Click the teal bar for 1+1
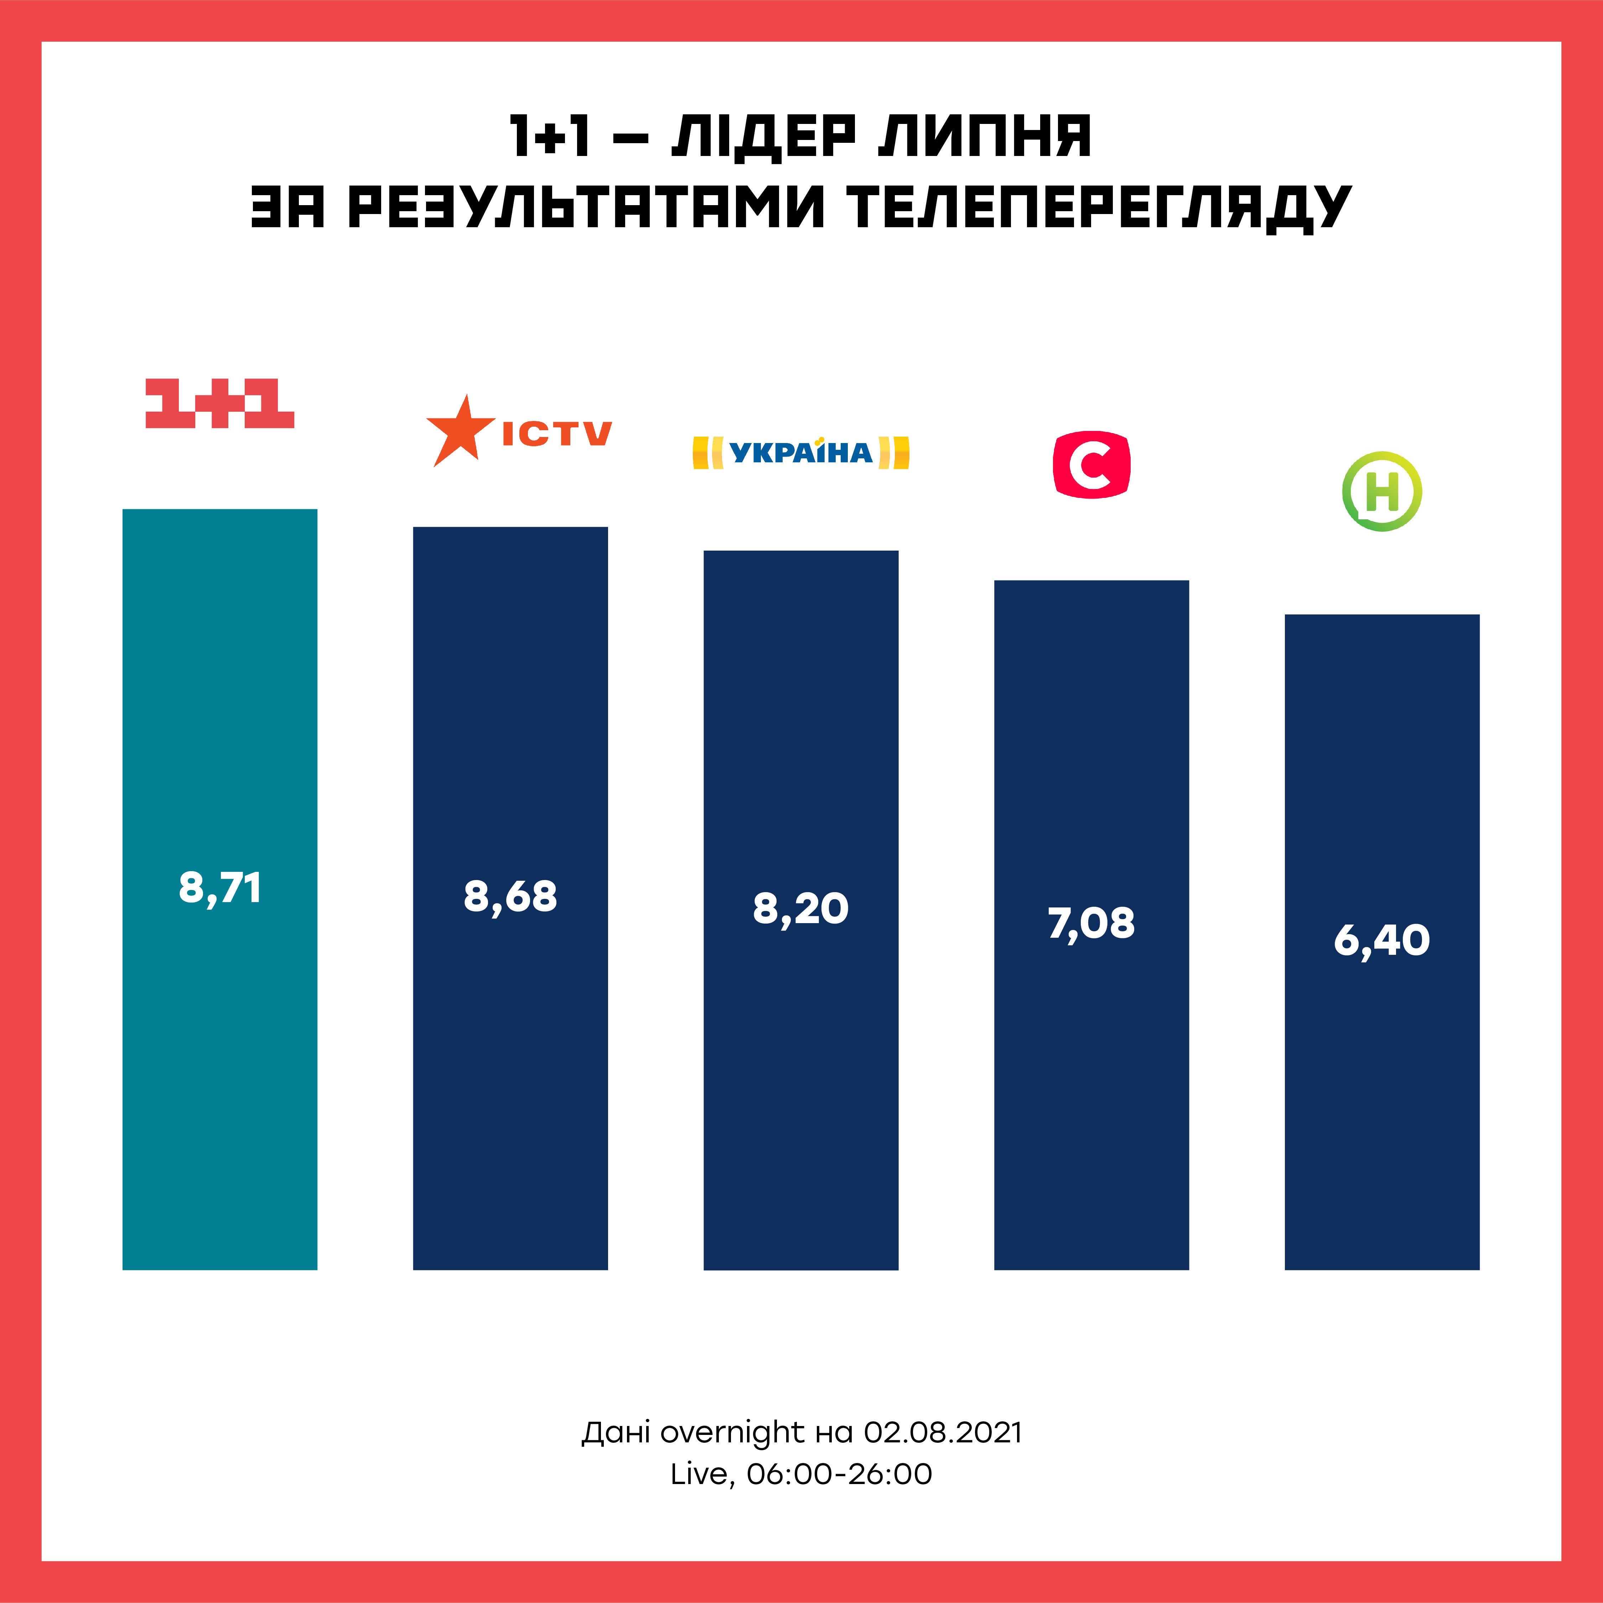click(x=220, y=1079)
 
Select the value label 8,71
click(x=220, y=888)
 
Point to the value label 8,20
click(x=801, y=909)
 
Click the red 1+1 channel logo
click(x=220, y=404)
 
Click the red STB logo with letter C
click(x=1091, y=465)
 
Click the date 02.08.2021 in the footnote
click(x=943, y=1432)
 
